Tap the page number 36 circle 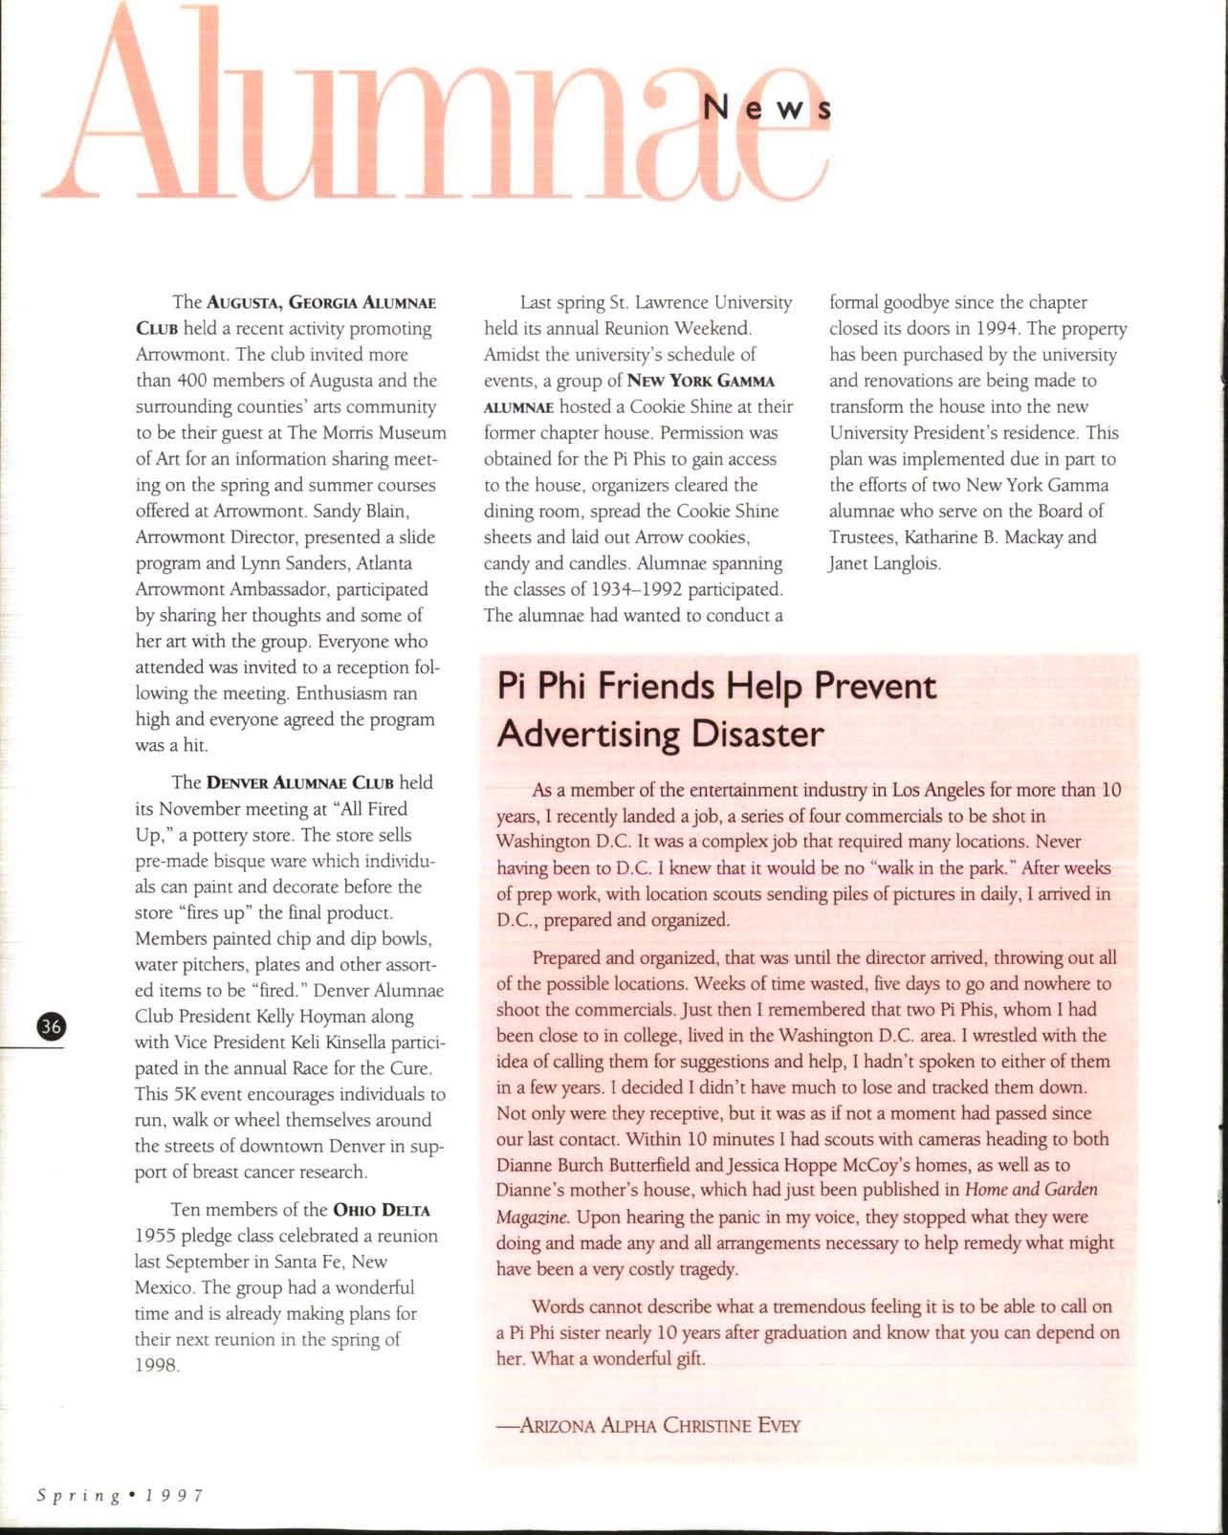click(x=50, y=1026)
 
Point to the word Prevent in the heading click(x=875, y=686)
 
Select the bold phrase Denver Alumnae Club click(x=300, y=782)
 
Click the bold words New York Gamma click(x=700, y=381)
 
